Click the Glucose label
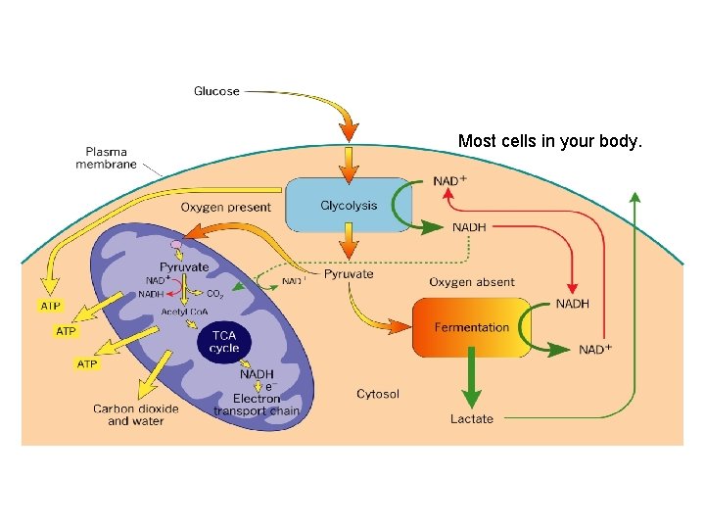tap(216, 91)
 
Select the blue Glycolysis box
tap(348, 206)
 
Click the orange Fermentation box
tap(471, 327)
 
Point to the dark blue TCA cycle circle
tap(224, 342)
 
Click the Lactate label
tap(471, 419)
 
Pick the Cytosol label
tap(378, 394)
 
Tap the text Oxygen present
tap(226, 207)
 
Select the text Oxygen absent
tap(471, 282)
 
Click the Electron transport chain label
tap(257, 405)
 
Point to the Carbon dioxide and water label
tap(135, 414)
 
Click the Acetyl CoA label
tap(184, 312)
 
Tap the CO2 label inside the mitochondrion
tap(214, 293)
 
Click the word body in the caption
tap(621, 141)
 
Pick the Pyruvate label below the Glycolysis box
tap(349, 274)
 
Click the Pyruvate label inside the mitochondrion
tap(184, 266)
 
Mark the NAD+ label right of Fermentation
tap(595, 350)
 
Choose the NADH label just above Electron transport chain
tap(257, 373)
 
